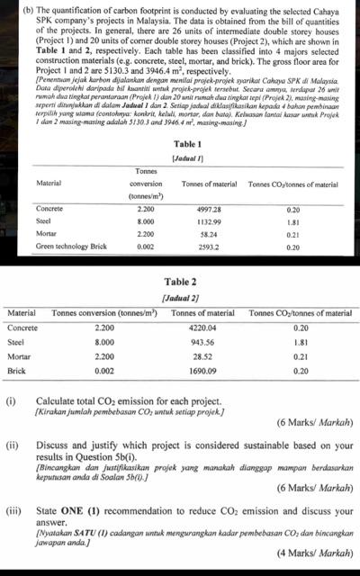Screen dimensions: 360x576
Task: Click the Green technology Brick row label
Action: coord(70,245)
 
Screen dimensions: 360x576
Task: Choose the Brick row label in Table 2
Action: coord(15,371)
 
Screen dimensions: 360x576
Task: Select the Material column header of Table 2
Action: coord(21,312)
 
